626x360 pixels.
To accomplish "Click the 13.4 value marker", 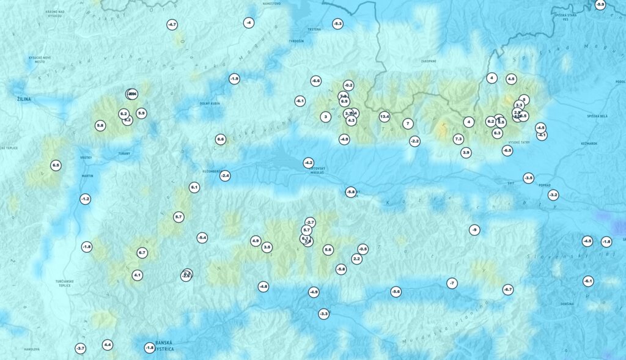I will pyautogui.click(x=385, y=117).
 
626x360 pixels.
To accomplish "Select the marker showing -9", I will pyautogui.click(x=474, y=230).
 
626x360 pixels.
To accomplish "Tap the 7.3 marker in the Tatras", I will pyautogui.click(x=458, y=139).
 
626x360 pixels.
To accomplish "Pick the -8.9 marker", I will pyautogui.click(x=600, y=5).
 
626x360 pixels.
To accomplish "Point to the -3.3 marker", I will pyautogui.click(x=324, y=314).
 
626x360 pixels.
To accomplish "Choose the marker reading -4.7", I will pyautogui.click(x=172, y=24).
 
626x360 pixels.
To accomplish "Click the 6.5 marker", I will pyautogui.click(x=56, y=166).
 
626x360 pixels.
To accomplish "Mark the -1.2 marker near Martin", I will pyautogui.click(x=85, y=199).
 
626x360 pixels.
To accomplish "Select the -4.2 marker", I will pyautogui.click(x=308, y=163).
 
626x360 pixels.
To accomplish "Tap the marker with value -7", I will pyautogui.click(x=452, y=283).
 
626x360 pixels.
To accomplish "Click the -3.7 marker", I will pyautogui.click(x=80, y=348).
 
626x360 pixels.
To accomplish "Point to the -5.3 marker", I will pyautogui.click(x=337, y=24).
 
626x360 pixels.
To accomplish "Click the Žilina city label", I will pyautogui.click(x=19, y=98).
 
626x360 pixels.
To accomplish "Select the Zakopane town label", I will pyautogui.click(x=429, y=61).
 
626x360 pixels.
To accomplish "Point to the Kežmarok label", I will pyautogui.click(x=589, y=143).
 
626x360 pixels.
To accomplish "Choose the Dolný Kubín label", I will pyautogui.click(x=210, y=103).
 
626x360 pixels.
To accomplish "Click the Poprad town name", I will pyautogui.click(x=544, y=185).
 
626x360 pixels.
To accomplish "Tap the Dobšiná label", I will pyautogui.click(x=568, y=304).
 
